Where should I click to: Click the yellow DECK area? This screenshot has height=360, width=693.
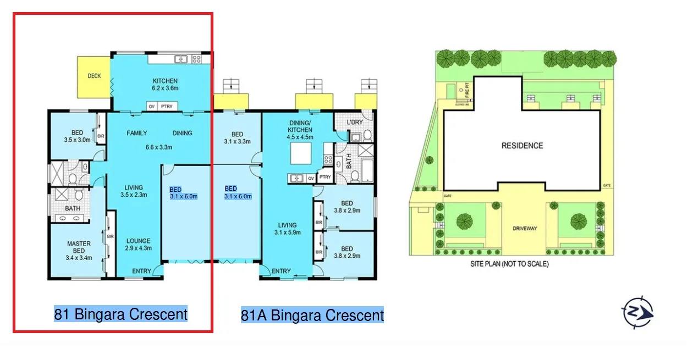[94, 76]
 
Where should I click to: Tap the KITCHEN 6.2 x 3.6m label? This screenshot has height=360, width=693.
[165, 84]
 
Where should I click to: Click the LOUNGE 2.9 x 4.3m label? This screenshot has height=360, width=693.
[138, 245]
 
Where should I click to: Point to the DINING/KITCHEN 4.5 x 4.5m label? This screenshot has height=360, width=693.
[300, 129]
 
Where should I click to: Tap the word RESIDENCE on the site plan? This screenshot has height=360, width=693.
[522, 146]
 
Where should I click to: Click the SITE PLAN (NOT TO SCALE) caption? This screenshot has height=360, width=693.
[509, 264]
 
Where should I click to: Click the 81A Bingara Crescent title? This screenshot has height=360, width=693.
[312, 315]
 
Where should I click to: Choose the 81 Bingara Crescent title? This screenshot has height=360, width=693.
[120, 314]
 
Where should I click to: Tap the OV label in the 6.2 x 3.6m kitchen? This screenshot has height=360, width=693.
[151, 106]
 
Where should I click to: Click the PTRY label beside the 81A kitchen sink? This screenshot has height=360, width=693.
[325, 177]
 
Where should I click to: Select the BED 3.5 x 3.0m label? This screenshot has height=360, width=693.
[77, 136]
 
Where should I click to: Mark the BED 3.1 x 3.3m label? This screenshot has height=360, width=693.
[237, 137]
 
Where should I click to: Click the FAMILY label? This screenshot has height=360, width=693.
[136, 133]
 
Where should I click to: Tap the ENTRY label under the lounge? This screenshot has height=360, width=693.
[141, 270]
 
